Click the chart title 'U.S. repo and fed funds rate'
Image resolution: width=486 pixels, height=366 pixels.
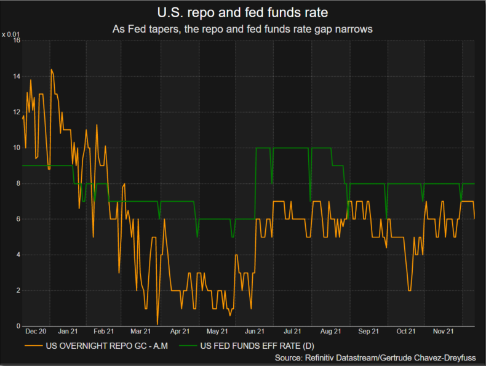tap(242, 12)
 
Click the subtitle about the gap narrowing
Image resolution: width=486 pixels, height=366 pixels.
tap(242, 29)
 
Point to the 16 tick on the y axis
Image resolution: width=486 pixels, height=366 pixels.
tap(17, 41)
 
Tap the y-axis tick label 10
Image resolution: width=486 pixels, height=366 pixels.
tap(17, 148)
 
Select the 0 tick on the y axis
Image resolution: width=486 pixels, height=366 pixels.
tap(18, 326)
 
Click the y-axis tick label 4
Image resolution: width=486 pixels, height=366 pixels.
tap(18, 255)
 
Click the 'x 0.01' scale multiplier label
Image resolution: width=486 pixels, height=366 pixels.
tap(12, 34)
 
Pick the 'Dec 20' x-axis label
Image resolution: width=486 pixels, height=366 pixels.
tap(37, 332)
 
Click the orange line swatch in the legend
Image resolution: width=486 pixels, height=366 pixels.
tap(33, 346)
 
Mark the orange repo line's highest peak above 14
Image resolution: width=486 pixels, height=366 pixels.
tap(51, 70)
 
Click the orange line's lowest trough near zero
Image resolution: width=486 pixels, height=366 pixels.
tap(157, 324)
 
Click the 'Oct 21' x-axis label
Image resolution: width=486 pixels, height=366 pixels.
tap(406, 332)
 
